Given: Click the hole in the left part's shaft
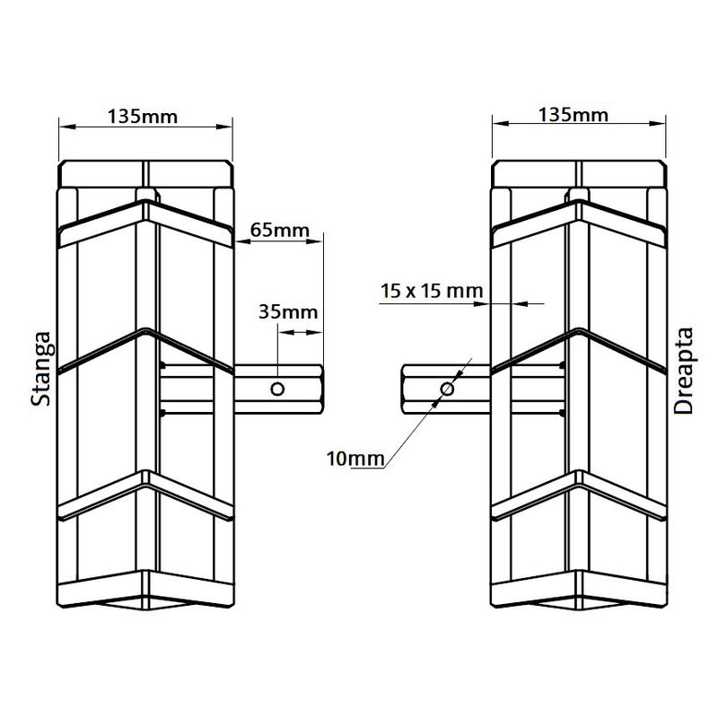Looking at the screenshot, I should [278, 389].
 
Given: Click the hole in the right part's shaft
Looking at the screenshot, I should [446, 389].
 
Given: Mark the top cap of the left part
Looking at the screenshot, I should [145, 173].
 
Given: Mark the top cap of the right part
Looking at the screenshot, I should [579, 173].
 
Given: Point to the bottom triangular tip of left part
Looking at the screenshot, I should [145, 603].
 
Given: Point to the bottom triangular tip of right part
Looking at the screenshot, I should [579, 603].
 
